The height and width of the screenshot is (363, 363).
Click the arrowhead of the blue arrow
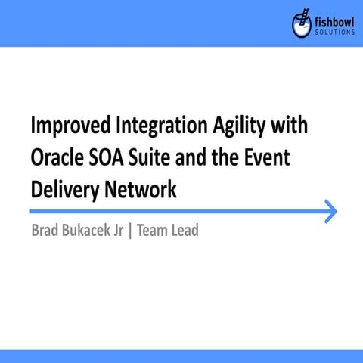(x=330, y=212)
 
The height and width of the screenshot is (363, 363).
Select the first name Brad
(x=45, y=231)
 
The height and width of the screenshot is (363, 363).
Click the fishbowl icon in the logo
(x=301, y=24)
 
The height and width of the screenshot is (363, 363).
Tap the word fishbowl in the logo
(x=334, y=21)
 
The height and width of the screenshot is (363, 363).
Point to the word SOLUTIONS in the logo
(x=333, y=33)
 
